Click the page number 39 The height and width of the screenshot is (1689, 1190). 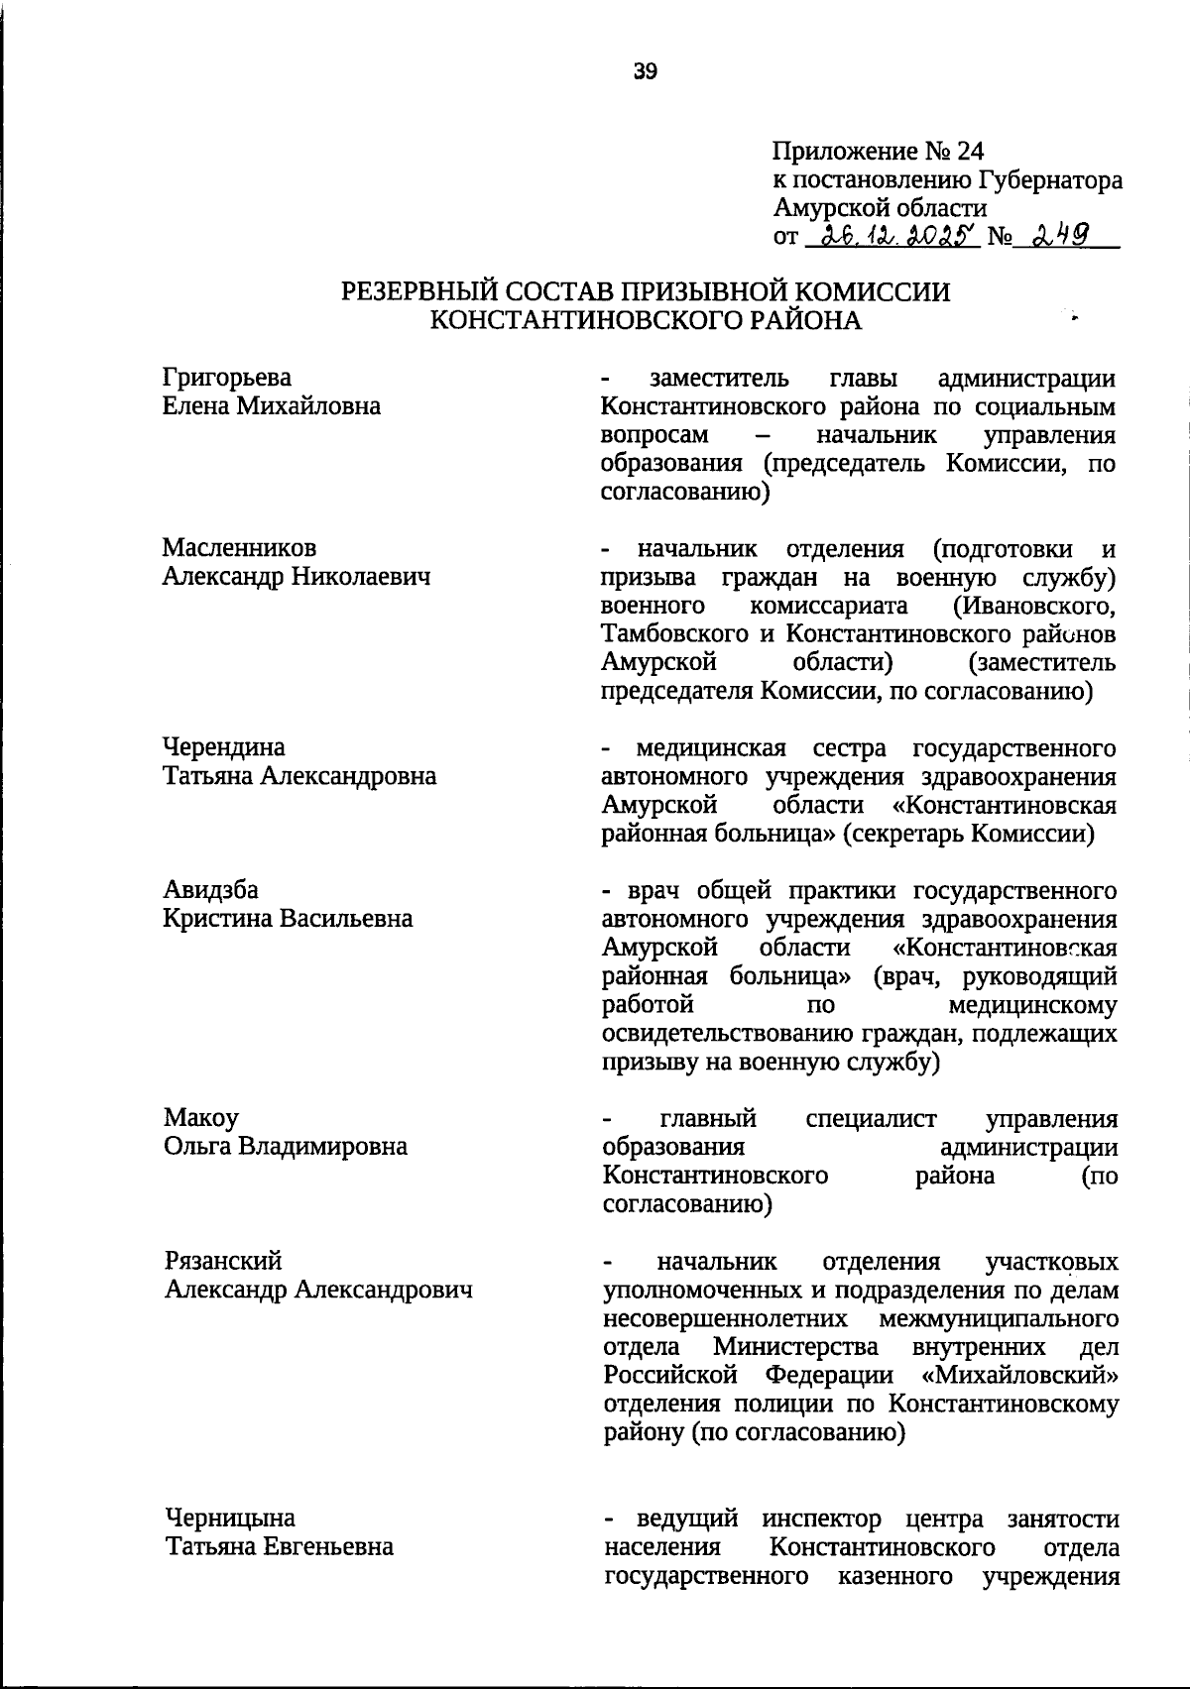646,70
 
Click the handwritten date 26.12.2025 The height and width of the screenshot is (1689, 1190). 893,236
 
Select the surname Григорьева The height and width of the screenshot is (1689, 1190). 227,377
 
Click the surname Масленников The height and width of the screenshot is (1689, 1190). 239,548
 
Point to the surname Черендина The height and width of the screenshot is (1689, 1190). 224,746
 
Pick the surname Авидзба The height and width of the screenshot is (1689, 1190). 210,889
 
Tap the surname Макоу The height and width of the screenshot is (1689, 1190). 201,1118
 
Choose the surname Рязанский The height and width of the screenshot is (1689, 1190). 223,1261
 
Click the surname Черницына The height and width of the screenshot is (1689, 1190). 230,1519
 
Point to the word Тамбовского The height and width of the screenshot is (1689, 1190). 668,633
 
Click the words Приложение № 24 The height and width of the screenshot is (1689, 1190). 878,152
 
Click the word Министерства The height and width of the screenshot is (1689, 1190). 795,1347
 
